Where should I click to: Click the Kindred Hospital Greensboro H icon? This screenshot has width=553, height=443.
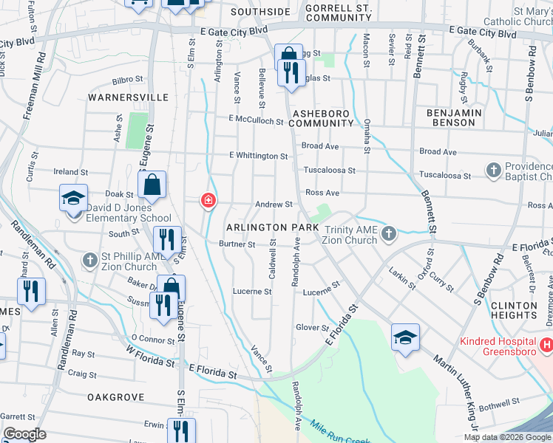[546, 344]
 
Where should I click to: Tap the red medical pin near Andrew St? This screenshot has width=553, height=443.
[208, 200]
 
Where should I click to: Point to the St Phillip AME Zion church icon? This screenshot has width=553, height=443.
[89, 261]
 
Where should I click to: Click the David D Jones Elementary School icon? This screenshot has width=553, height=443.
[74, 199]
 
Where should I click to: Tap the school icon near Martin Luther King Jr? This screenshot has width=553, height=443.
[405, 338]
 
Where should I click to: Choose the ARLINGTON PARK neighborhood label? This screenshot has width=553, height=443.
[272, 227]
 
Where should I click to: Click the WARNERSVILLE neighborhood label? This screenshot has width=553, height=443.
[128, 97]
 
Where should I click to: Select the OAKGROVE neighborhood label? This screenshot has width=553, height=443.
[115, 397]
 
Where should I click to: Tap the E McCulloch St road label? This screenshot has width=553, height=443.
[257, 120]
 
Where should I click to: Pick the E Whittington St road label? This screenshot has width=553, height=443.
[258, 157]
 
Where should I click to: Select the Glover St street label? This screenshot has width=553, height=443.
[312, 328]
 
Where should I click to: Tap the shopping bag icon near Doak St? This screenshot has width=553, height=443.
[152, 186]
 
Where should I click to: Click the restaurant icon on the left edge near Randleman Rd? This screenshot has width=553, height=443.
[30, 292]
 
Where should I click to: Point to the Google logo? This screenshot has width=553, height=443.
[25, 434]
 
